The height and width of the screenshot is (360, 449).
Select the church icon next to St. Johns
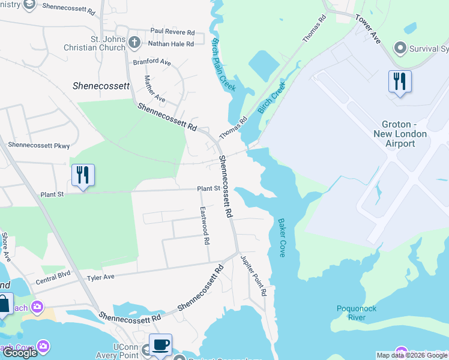click(134, 43)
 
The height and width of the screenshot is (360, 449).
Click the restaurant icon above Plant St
click(83, 175)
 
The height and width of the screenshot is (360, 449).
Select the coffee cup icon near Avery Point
click(160, 344)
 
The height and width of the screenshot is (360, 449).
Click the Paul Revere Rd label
click(172, 31)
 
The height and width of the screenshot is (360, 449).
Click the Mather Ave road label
click(155, 88)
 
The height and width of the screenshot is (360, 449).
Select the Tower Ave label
click(367, 29)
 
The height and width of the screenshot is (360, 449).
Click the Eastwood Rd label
click(205, 226)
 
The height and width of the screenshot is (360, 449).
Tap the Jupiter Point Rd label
click(253, 275)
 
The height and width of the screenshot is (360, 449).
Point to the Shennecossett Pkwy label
click(39, 145)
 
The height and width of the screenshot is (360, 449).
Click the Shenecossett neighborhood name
click(101, 86)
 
